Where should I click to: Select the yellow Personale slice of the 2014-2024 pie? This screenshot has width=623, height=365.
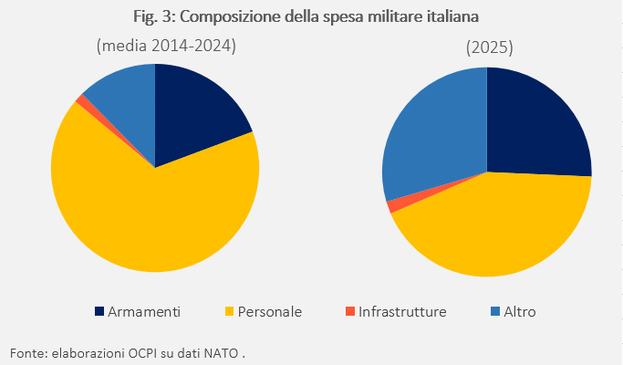click(155, 219)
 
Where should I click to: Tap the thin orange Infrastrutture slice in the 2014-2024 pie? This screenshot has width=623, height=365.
click(83, 100)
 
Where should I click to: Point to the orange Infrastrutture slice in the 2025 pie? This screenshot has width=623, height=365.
click(392, 206)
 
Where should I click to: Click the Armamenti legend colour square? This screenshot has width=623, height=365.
click(99, 312)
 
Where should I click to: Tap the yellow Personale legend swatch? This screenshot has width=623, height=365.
click(229, 312)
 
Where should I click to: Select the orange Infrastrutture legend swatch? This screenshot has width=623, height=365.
click(350, 312)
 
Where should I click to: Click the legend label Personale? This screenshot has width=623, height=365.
click(270, 312)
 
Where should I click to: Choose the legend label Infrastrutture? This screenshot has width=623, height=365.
click(402, 312)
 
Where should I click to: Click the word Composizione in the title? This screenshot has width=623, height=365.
click(232, 16)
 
